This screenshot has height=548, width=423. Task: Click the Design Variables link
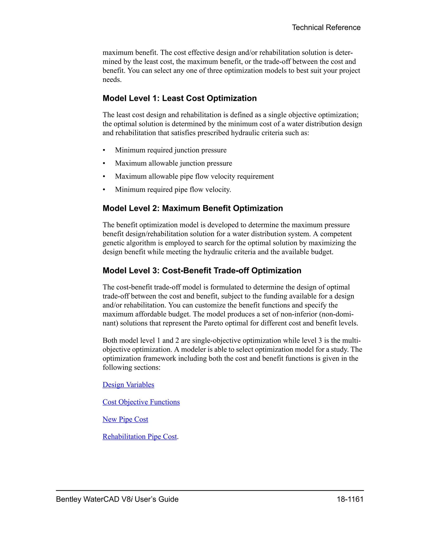coord(128,385)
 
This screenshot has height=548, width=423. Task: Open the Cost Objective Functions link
coord(141,402)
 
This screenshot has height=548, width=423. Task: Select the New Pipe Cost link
coord(125,419)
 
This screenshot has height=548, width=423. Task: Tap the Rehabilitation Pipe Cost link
coord(140,437)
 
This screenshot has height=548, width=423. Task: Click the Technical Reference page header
coord(326,27)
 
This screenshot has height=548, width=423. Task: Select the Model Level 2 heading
coord(192,208)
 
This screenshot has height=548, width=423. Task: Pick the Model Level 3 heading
coord(202,270)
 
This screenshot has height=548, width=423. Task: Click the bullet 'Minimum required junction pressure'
coord(171,150)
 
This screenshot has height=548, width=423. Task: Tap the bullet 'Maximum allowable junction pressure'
coord(173,163)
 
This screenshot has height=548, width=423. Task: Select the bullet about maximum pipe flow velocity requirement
coord(194,176)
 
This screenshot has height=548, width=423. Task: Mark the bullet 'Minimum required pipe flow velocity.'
coord(173,189)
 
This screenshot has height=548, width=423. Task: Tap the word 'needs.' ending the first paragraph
coord(112,80)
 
